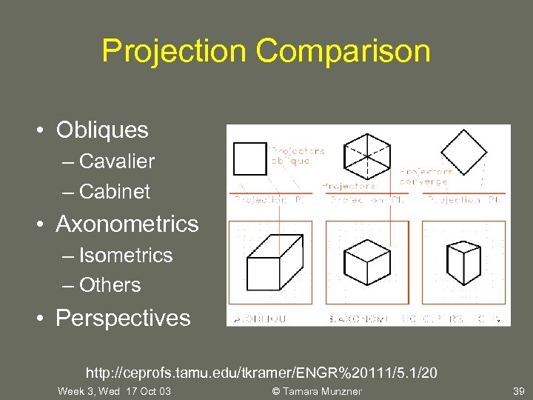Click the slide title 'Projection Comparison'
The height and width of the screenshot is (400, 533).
[x=266, y=51]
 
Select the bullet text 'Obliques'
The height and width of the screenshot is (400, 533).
[x=102, y=130]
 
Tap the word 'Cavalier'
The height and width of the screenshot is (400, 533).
[x=116, y=161]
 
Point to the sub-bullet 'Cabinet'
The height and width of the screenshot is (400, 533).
[x=114, y=191]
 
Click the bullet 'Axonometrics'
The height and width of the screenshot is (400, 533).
[x=127, y=224]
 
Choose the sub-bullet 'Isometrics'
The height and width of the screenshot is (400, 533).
[x=125, y=255]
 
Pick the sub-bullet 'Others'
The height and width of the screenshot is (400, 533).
[x=110, y=284]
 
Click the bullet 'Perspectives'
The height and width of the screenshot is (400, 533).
[x=123, y=318]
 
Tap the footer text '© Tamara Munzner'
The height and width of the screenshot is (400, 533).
[x=316, y=391]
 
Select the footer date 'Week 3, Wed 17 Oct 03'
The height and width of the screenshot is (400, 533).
[x=114, y=391]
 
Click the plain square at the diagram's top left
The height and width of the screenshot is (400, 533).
[x=249, y=159]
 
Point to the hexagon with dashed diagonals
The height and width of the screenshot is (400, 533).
[x=368, y=155]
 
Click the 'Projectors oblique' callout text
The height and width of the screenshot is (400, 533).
[x=297, y=155]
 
